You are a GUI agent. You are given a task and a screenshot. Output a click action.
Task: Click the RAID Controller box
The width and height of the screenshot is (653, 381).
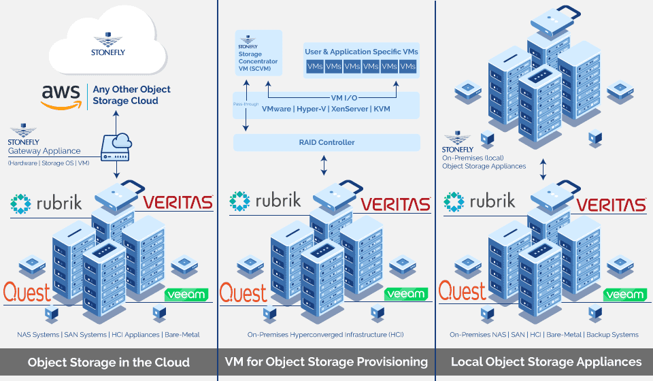pyautogui.click(x=326, y=142)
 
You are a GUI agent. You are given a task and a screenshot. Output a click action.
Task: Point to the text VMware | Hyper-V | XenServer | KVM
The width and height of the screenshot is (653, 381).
pyautogui.click(x=326, y=109)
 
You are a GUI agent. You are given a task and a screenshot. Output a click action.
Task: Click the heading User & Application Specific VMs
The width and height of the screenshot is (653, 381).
pyautogui.click(x=361, y=52)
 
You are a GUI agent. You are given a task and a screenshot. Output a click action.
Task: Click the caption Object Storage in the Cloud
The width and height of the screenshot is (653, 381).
pyautogui.click(x=109, y=362)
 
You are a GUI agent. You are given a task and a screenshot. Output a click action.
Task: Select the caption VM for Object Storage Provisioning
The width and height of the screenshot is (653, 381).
pyautogui.click(x=326, y=362)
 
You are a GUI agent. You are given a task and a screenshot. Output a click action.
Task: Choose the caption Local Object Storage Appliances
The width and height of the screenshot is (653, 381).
pyautogui.click(x=546, y=362)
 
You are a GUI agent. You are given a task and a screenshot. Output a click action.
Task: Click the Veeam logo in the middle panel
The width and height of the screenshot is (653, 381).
pyautogui.click(x=406, y=295)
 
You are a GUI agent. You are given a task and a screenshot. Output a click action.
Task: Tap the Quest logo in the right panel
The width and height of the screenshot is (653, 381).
pyautogui.click(x=463, y=293)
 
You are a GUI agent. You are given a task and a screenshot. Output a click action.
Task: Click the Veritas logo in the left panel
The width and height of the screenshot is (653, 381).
pyautogui.click(x=178, y=202)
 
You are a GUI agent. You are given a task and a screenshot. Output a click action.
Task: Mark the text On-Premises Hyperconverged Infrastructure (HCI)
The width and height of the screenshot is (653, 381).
pyautogui.click(x=326, y=335)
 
